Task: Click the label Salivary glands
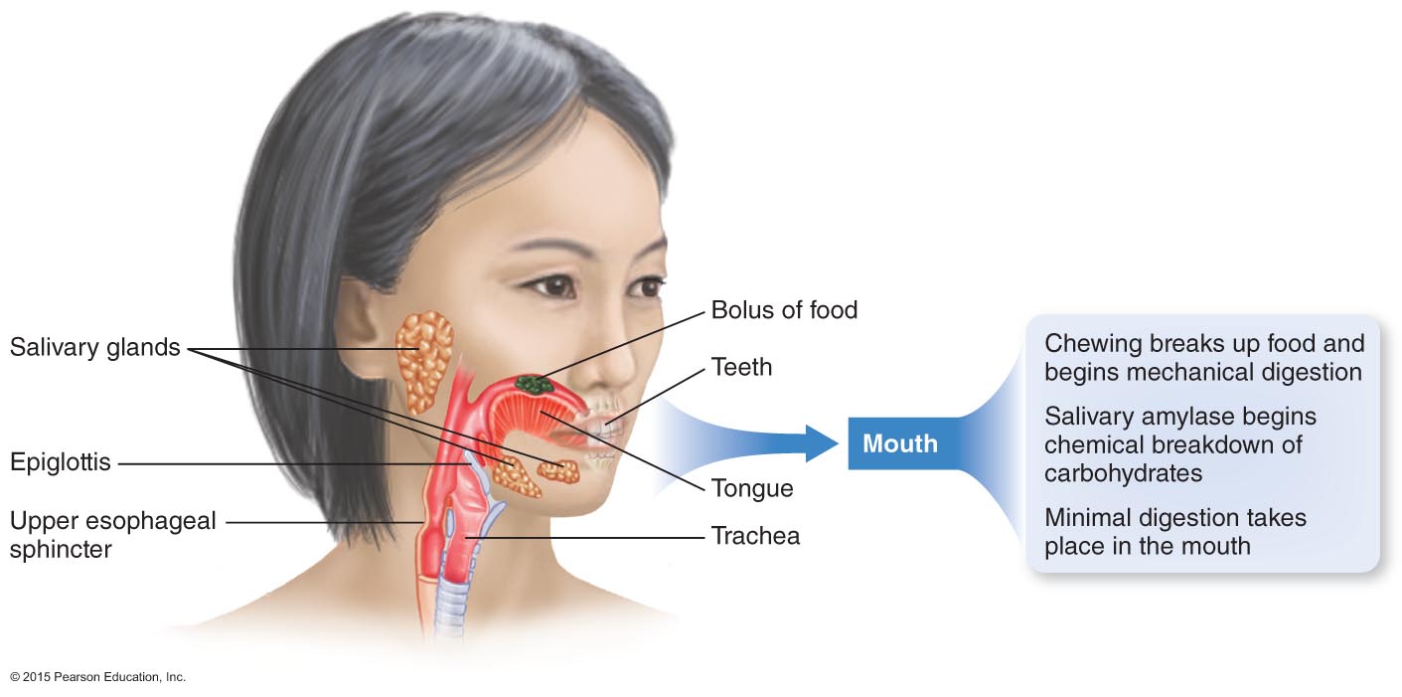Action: (x=95, y=348)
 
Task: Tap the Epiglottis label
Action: (x=60, y=462)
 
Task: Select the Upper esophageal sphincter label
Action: (x=112, y=534)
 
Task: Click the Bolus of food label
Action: (x=784, y=310)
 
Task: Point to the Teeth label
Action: (x=741, y=368)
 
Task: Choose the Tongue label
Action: (x=752, y=488)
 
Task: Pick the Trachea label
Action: (x=755, y=536)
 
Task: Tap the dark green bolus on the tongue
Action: (x=534, y=384)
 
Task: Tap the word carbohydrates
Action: (x=1123, y=473)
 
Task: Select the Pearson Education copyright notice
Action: (x=97, y=677)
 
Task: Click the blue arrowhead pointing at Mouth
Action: (x=821, y=443)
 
